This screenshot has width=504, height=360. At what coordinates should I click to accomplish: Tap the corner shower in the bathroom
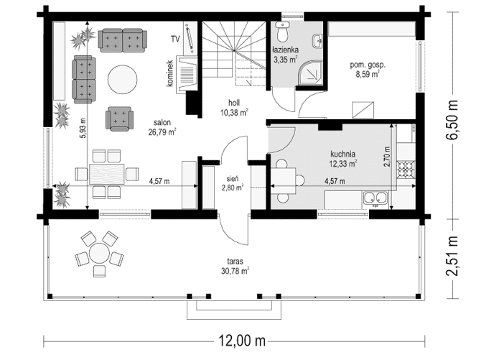click(310, 73)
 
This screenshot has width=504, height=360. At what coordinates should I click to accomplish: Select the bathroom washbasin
click(317, 42)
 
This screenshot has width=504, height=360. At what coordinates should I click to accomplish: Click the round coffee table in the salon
click(122, 80)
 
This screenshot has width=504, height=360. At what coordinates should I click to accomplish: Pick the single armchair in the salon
click(119, 119)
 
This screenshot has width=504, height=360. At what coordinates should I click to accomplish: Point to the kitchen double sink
click(375, 198)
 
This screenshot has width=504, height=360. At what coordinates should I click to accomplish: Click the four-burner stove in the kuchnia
click(406, 170)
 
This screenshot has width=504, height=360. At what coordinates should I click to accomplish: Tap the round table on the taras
click(99, 254)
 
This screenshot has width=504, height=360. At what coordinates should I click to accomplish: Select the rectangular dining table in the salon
click(107, 174)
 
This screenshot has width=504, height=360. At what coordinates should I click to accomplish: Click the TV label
click(175, 39)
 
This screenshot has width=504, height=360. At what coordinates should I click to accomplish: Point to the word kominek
click(169, 73)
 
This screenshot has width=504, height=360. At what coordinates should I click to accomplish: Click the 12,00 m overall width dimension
click(243, 341)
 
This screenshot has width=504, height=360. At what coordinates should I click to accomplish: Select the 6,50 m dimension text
click(452, 120)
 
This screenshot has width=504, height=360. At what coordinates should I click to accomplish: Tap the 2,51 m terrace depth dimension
click(452, 256)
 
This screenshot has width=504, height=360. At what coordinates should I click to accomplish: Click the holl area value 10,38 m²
click(234, 112)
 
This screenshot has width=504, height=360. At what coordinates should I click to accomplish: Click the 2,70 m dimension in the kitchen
click(387, 157)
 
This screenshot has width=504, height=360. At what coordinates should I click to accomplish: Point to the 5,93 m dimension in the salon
click(83, 128)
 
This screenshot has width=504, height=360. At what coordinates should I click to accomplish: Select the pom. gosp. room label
click(368, 65)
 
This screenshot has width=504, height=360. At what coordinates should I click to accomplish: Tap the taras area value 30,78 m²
click(235, 272)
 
